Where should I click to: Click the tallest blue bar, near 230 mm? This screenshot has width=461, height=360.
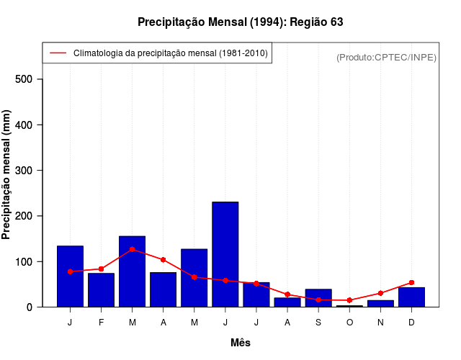pyautogui.click(x=225, y=254)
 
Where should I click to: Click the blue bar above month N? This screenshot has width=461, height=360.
pyautogui.click(x=380, y=304)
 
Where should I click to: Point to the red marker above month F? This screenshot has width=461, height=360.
pyautogui.click(x=101, y=269)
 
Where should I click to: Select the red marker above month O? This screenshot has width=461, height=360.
pyautogui.click(x=349, y=300)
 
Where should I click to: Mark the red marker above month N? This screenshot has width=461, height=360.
pyautogui.click(x=380, y=293)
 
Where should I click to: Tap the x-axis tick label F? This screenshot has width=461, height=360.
pyautogui.click(x=101, y=322)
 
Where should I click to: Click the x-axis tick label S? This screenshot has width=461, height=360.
pyautogui.click(x=318, y=322)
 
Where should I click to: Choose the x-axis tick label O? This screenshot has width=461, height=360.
pyautogui.click(x=349, y=322)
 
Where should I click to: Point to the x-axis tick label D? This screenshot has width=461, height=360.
pyautogui.click(x=411, y=322)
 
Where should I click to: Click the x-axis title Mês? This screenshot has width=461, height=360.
pyautogui.click(x=241, y=343)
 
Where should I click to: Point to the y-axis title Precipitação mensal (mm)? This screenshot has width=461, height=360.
pyautogui.click(x=7, y=175)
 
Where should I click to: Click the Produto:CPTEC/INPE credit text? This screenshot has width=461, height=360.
pyautogui.click(x=386, y=57)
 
